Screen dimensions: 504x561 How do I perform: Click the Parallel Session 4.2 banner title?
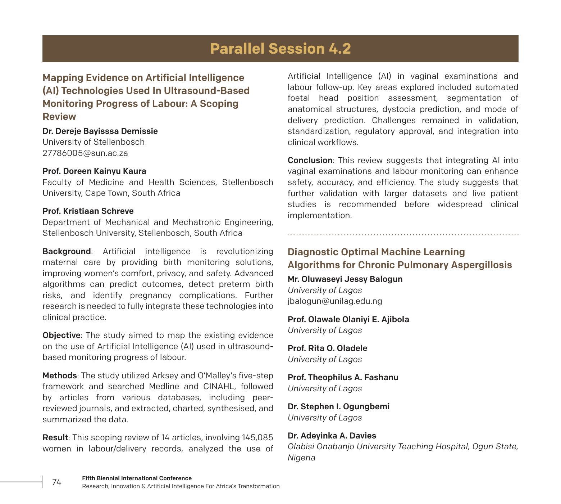coord(280,49)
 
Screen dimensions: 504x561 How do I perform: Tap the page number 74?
coord(57,482)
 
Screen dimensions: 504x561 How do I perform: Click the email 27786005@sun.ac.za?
coord(85,153)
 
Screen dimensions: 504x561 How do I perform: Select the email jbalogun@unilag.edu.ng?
coord(335,301)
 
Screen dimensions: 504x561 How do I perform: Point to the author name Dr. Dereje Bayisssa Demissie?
coord(100,131)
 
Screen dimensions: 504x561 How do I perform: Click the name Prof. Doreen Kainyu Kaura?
coord(94,171)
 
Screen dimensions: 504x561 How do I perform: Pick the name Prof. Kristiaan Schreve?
coord(88,211)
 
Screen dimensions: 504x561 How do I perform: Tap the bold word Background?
coord(67,251)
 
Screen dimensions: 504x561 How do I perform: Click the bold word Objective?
coord(61,335)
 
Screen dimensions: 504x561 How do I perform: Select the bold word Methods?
coord(59,375)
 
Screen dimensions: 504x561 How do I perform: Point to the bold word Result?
coord(55,437)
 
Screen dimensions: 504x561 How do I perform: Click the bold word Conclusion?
coord(310,160)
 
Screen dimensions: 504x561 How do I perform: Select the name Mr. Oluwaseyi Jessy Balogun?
coord(345,279)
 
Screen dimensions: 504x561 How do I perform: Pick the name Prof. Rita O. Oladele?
coord(327,348)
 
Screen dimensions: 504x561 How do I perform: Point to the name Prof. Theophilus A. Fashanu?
coord(343,377)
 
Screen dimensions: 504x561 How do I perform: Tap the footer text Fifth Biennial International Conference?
coord(137,478)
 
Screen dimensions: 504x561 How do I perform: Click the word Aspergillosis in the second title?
coord(481,265)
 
